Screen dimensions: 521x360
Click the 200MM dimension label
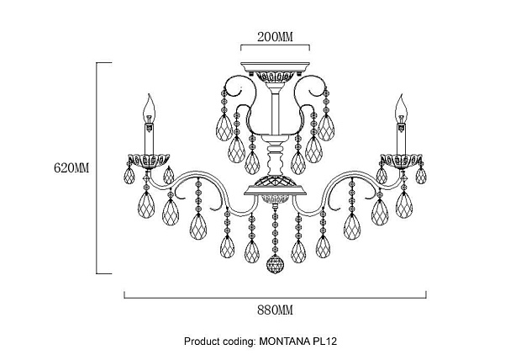275,36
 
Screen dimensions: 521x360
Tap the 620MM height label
71,167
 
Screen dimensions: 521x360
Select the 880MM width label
275,310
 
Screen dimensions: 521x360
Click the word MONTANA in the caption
285,341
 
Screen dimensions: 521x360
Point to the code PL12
325,341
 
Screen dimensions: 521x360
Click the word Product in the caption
200,341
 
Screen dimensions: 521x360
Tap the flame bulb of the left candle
150,108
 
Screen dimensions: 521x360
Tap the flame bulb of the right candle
402,108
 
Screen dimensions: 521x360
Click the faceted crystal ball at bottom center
275,264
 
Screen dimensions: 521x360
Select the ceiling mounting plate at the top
275,67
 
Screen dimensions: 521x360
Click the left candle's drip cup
149,161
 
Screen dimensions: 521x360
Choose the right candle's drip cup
402,161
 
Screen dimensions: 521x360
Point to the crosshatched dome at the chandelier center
275,182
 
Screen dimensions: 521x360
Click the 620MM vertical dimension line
97,168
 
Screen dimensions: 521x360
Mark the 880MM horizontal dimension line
275,298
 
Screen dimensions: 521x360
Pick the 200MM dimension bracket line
275,45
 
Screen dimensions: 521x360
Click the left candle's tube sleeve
150,139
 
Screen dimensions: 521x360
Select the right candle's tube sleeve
402,139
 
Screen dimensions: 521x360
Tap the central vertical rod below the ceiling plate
275,114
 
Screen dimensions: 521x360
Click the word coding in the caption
238,341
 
